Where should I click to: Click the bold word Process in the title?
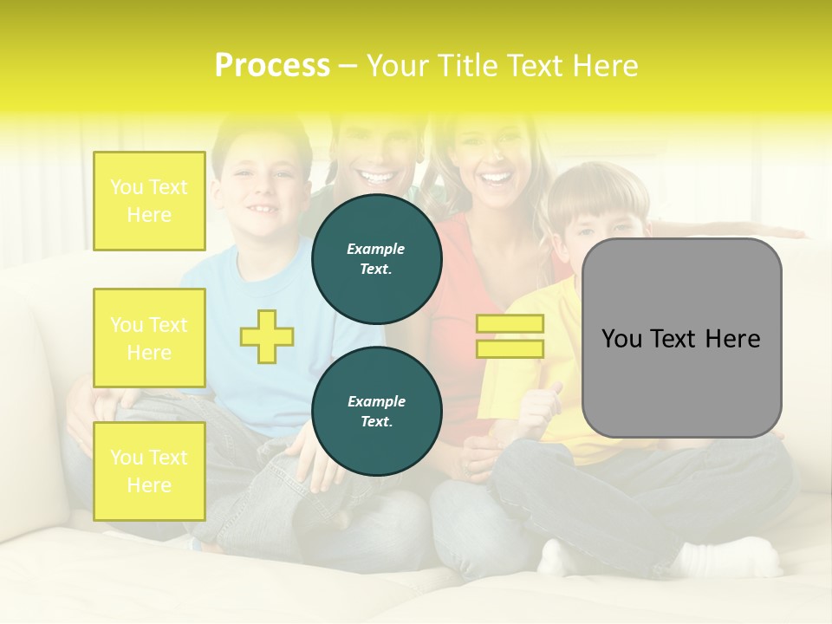click(272, 66)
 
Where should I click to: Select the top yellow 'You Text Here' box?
click(149, 201)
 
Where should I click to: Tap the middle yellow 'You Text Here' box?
click(149, 338)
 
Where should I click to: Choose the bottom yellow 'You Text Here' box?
click(149, 471)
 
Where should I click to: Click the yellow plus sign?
click(267, 336)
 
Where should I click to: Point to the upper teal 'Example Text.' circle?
click(377, 259)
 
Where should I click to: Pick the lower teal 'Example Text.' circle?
click(377, 412)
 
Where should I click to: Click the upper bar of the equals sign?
click(510, 323)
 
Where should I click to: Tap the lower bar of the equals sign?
click(510, 349)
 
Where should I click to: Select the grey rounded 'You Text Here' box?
click(681, 338)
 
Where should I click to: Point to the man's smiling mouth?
click(376, 178)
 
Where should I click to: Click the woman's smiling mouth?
click(496, 179)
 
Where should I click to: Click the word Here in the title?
click(604, 66)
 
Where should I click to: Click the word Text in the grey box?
click(679, 338)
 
